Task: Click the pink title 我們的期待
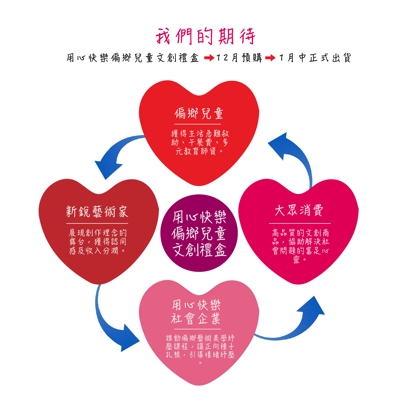[x=205, y=36]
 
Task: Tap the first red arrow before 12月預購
[x=209, y=58]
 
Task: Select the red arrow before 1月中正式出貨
[x=270, y=58]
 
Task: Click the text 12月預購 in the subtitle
[x=239, y=58]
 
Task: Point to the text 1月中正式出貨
[x=315, y=58]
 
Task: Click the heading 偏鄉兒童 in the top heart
[x=199, y=113]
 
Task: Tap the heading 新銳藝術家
[x=97, y=212]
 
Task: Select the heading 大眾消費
[x=299, y=211]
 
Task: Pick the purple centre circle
[x=199, y=233]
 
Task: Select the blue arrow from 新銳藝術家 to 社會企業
[x=114, y=327]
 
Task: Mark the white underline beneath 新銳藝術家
[x=97, y=223]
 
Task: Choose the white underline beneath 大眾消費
[x=300, y=223]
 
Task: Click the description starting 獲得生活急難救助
[x=200, y=142]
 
